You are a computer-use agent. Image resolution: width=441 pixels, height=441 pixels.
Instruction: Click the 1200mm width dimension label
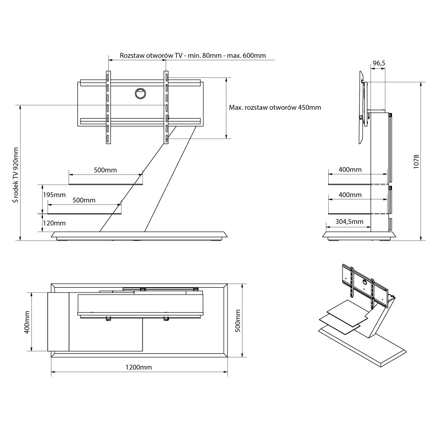pyautogui.click(x=139, y=367)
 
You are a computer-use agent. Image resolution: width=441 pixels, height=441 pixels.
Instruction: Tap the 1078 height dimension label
pyautogui.click(x=416, y=162)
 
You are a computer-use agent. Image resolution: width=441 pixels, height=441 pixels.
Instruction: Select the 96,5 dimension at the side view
pyautogui.click(x=379, y=63)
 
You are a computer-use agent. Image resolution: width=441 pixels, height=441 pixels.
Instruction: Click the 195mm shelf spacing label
pyautogui.click(x=54, y=195)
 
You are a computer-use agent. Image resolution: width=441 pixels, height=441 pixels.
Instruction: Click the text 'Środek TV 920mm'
pyautogui.click(x=16, y=174)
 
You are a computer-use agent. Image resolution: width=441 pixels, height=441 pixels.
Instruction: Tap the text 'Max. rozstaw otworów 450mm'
pyautogui.click(x=275, y=107)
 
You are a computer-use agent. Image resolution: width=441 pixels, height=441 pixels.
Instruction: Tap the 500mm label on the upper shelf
pyautogui.click(x=105, y=170)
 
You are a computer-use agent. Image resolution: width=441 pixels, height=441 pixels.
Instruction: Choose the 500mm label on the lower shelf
pyautogui.click(x=84, y=200)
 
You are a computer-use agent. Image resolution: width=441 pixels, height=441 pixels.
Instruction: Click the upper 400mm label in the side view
pyautogui.click(x=350, y=170)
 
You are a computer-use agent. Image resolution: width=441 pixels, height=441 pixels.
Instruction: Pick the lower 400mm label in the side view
pyautogui.click(x=350, y=195)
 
